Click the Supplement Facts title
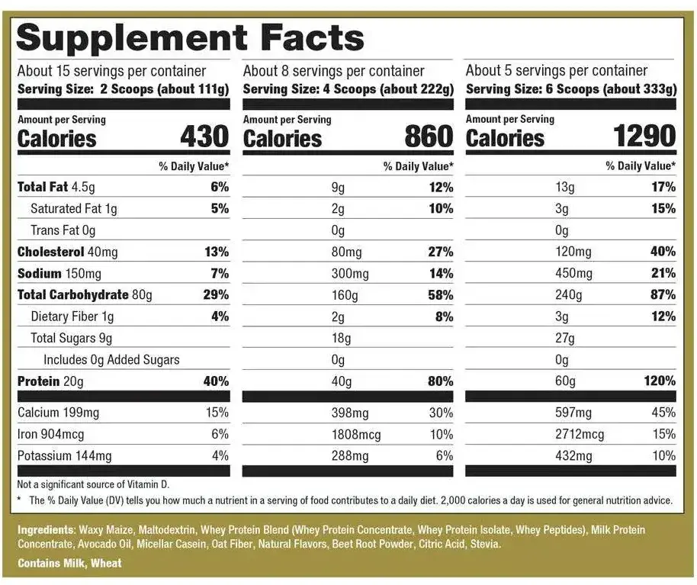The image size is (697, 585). tap(191, 37)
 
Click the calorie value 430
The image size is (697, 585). tap(204, 137)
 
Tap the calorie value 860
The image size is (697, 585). tap(429, 137)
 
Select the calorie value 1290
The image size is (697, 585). tap(644, 137)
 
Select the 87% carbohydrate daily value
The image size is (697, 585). tap(663, 294)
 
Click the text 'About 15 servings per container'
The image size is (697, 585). tap(111, 71)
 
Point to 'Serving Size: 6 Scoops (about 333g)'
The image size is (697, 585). tap(570, 88)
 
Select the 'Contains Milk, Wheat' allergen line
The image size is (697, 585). tap(69, 564)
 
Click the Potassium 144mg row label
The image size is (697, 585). tap(64, 456)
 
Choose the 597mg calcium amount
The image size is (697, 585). tap(573, 413)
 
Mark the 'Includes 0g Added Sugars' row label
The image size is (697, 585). tap(111, 359)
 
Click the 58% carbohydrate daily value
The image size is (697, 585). tap(440, 294)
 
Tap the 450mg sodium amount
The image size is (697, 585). tap(573, 273)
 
